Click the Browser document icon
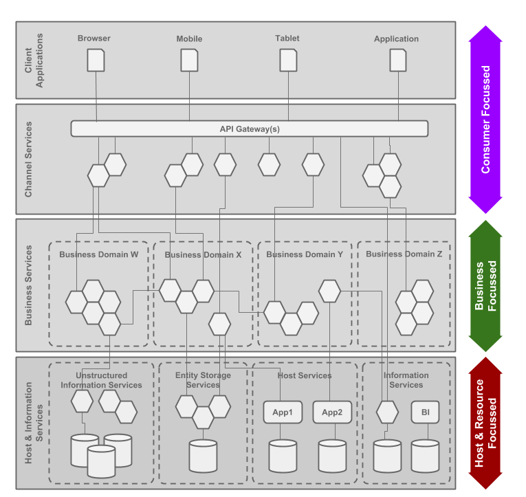tap(96, 60)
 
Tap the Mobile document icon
tap(189, 60)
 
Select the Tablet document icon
tap(289, 60)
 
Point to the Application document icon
tap(398, 60)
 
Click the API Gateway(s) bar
tap(250, 129)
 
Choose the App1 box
tap(283, 412)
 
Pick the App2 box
tap(332, 412)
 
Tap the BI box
tap(426, 412)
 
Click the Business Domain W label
tap(99, 254)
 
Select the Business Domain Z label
tap(404, 254)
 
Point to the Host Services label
tap(305, 375)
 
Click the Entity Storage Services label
tap(203, 380)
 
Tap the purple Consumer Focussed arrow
tap(485, 120)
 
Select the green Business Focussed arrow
tap(485, 286)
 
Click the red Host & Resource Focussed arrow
tap(485, 423)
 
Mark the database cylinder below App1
tap(283, 456)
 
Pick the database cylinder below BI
tap(426, 456)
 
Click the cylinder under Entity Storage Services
tap(203, 456)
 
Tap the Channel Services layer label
tap(28, 159)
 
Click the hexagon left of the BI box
tap(388, 412)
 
